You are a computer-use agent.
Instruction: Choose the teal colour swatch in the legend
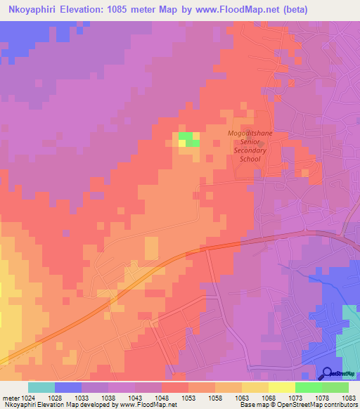click(x=41, y=387)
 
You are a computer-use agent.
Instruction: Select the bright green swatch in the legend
click(x=308, y=387)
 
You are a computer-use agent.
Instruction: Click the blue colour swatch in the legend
click(x=68, y=387)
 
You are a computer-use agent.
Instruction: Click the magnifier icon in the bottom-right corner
click(x=326, y=374)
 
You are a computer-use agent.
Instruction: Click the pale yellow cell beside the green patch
click(x=181, y=143)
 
